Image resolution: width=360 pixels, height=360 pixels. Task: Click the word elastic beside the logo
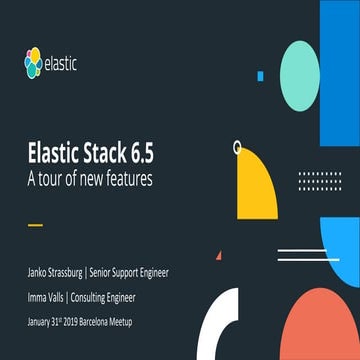(x=61, y=65)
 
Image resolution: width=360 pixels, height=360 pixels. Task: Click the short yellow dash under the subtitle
(x=36, y=224)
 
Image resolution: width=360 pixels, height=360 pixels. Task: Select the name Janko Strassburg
(x=56, y=271)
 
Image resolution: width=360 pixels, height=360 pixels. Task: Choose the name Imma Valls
(x=47, y=297)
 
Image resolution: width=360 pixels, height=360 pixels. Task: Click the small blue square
(x=260, y=76)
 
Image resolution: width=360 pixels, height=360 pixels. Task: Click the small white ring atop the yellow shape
(x=238, y=146)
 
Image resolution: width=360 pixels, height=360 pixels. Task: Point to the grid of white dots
(x=319, y=181)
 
